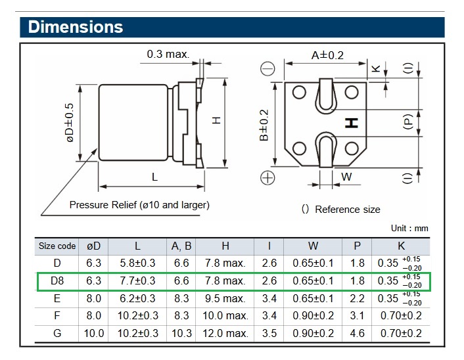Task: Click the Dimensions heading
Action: point(76,27)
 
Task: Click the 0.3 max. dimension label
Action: point(168,54)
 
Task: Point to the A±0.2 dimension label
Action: point(327,55)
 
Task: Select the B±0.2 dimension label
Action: point(264,125)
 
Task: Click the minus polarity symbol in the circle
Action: point(267,69)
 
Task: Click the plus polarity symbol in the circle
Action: point(267,177)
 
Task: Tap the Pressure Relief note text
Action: point(139,205)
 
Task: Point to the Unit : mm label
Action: point(409,228)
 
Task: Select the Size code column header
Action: point(57,246)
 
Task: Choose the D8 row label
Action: point(57,281)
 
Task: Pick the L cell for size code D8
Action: point(137,281)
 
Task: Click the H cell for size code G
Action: point(225,333)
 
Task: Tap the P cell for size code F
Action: point(357,316)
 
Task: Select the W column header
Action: point(313,246)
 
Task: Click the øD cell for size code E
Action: point(93,298)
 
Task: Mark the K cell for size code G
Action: point(401,333)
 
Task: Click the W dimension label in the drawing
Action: point(347,176)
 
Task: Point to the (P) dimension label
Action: point(408,122)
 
